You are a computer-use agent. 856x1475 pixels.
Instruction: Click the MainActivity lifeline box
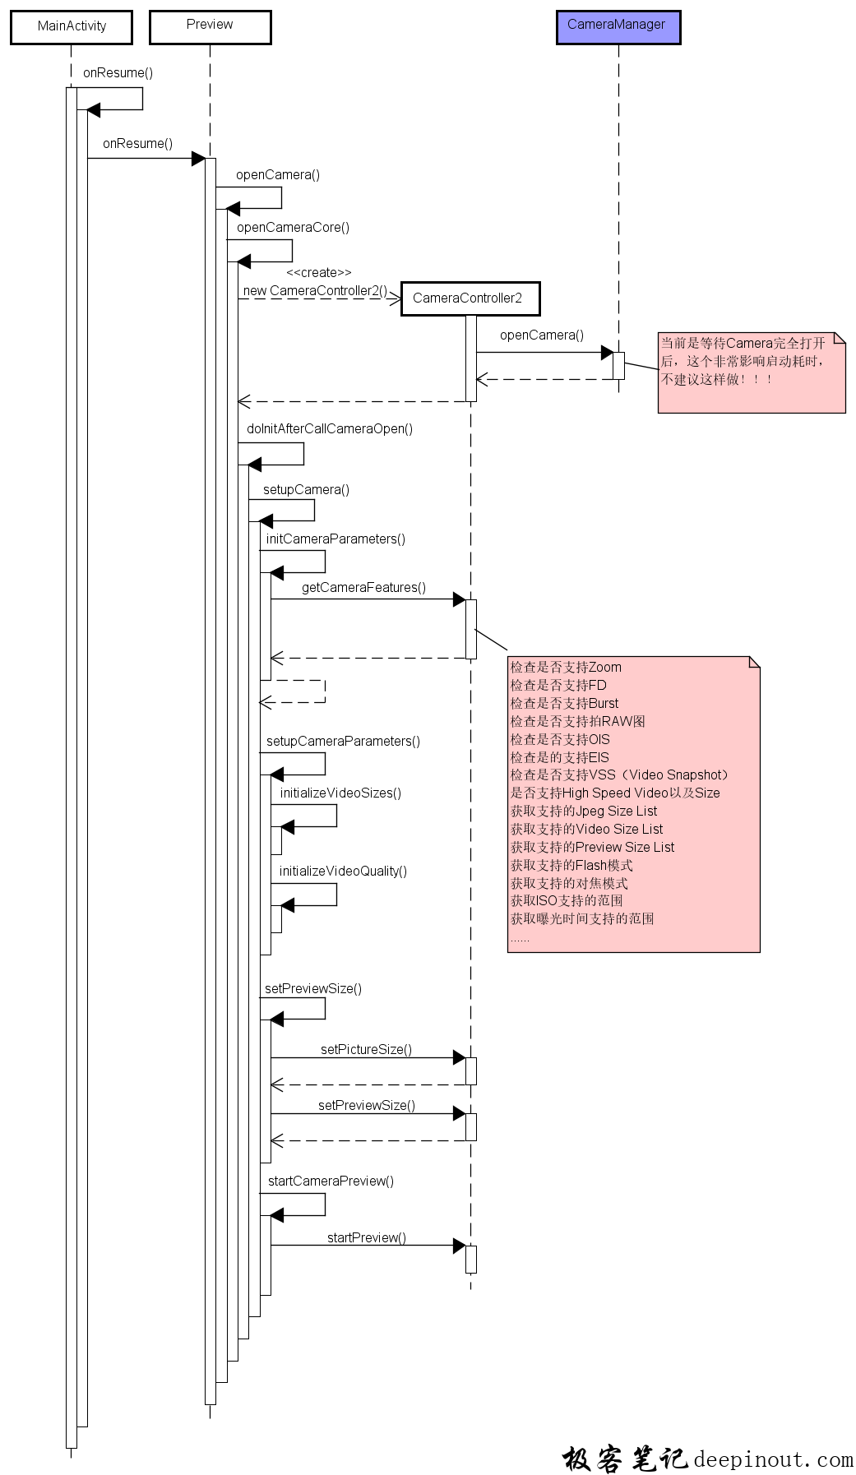(x=72, y=26)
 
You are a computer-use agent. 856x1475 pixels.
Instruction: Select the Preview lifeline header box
(x=210, y=26)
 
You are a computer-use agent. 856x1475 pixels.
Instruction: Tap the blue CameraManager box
(x=618, y=26)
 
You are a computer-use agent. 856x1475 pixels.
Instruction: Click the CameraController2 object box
(x=470, y=298)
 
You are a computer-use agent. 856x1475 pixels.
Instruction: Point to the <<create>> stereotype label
(x=319, y=273)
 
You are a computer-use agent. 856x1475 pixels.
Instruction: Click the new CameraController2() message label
(x=315, y=291)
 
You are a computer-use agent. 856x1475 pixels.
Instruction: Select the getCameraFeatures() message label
(x=363, y=588)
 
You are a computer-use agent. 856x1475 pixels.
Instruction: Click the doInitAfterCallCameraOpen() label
(x=330, y=429)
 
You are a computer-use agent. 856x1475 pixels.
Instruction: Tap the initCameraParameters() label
(x=335, y=539)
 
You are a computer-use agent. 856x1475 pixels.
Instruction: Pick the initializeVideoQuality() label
(x=343, y=872)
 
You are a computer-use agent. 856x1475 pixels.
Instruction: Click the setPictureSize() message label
(x=366, y=1050)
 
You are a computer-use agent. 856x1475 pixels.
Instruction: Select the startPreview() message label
(x=366, y=1238)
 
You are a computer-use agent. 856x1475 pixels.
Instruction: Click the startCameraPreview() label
(x=331, y=1181)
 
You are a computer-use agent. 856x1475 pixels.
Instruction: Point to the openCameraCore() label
(x=293, y=228)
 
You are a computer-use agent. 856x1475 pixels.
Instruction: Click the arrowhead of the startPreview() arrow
(x=459, y=1246)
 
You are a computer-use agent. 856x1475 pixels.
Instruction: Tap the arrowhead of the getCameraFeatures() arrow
(x=459, y=599)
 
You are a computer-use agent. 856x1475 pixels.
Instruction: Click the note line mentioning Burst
(x=564, y=704)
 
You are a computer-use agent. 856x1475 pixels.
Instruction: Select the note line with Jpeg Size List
(x=584, y=811)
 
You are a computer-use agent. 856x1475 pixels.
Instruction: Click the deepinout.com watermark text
(x=773, y=1459)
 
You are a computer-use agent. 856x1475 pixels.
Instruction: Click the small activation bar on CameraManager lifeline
(x=618, y=366)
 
